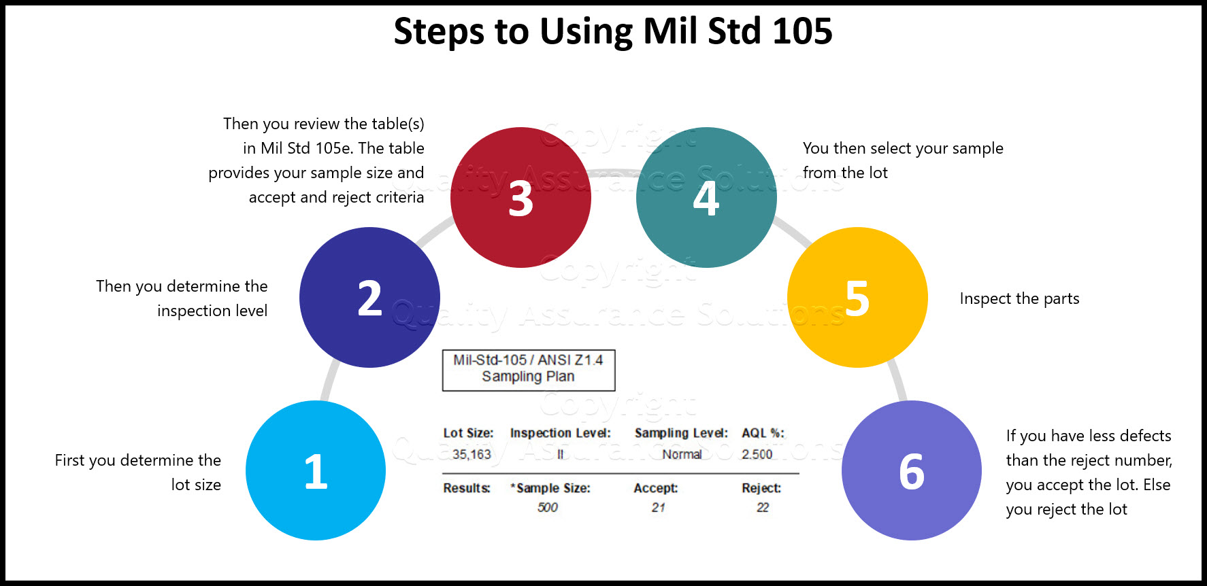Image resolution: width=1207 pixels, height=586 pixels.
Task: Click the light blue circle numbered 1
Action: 316,470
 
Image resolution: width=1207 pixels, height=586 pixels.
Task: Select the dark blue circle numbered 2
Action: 369,298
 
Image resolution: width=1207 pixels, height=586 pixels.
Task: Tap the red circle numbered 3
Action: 520,198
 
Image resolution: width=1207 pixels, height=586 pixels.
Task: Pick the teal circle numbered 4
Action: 706,198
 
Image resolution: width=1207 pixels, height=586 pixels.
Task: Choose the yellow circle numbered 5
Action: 857,298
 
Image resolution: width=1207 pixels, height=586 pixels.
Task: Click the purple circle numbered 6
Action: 912,470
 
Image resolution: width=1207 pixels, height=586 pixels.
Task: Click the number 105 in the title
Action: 802,31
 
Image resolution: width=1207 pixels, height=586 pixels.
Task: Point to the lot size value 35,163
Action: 471,454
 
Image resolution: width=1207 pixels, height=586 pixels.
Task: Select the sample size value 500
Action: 547,507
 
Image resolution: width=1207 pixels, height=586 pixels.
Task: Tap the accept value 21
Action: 658,507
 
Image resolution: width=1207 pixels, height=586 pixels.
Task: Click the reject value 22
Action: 763,507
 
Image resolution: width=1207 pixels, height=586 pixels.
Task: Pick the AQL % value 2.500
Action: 757,454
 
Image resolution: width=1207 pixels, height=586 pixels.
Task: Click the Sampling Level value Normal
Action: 682,454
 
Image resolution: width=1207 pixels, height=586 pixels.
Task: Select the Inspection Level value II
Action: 560,454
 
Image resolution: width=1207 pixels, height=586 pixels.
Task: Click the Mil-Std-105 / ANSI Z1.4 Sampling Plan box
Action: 529,370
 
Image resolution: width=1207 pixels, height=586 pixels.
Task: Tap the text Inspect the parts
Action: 1019,298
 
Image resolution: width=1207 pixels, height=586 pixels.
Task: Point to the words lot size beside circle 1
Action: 196,485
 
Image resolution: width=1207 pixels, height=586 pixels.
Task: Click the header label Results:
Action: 466,488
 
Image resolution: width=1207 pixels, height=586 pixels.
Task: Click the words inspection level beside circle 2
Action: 212,311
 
